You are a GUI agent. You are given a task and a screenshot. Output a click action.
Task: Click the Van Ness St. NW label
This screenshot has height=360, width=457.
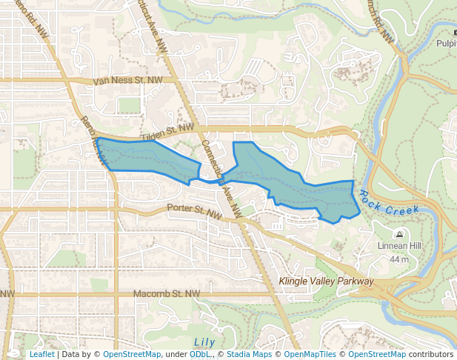pos(127,80)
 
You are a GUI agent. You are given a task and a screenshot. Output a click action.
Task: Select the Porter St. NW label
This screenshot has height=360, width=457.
pos(195,211)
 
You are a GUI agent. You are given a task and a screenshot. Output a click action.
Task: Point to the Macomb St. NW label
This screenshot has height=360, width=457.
pos(167,294)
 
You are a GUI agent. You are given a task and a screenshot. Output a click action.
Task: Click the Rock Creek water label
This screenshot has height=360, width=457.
pos(390,204)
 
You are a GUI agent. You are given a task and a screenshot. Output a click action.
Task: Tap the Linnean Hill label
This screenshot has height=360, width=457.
pos(399,246)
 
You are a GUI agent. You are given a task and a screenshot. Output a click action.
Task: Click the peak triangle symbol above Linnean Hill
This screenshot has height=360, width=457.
pos(399,234)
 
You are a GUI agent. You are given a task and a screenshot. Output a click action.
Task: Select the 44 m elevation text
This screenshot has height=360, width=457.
pos(399,259)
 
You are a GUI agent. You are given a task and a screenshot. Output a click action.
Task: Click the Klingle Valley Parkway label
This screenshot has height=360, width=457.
pos(327,281)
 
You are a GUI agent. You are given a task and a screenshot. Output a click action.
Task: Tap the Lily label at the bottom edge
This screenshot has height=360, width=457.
pos(203,342)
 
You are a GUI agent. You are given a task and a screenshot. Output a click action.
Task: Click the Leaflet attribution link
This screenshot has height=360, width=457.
pos(41,354)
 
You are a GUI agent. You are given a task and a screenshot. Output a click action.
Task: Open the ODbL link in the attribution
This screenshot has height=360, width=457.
pos(199,354)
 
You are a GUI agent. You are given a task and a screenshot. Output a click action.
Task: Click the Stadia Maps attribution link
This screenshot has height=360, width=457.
pos(247,354)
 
